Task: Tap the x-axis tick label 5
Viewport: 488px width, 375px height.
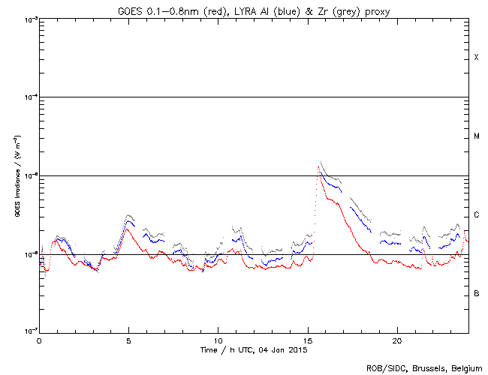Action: click(128, 340)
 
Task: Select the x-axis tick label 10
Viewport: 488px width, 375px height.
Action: click(218, 340)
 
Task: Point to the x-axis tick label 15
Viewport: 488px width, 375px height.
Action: click(307, 340)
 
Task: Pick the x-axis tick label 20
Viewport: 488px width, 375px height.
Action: click(396, 340)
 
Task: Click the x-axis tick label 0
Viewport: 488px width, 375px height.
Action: click(39, 340)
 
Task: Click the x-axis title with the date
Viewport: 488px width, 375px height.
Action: click(254, 349)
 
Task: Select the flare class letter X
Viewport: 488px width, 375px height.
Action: click(476, 58)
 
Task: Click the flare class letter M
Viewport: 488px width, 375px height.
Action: click(476, 136)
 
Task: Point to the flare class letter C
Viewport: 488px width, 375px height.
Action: click(476, 215)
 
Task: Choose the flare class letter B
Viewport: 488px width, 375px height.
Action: click(476, 293)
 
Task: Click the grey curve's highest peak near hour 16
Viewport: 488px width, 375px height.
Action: click(321, 162)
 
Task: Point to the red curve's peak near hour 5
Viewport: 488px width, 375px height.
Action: click(128, 229)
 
